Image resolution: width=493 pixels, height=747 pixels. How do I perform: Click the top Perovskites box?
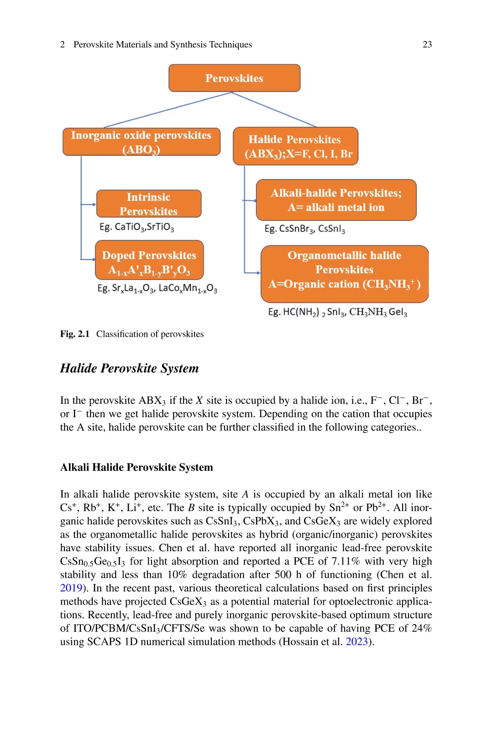coord(234,78)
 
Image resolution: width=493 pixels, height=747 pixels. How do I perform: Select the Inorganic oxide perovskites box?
coord(141,142)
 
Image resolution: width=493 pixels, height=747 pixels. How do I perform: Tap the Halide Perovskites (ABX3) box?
coord(295,146)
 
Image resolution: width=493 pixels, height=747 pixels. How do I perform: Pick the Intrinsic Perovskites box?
coord(149,204)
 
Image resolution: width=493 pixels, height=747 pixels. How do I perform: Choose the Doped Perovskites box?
coord(149,260)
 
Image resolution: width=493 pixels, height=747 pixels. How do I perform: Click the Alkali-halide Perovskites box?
coord(336,200)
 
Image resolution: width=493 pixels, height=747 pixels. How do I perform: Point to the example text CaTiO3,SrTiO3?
coord(137,227)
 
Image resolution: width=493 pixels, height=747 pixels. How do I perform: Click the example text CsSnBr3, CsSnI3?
coord(304,229)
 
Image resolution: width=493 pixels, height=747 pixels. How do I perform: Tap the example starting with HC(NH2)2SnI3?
coord(337,312)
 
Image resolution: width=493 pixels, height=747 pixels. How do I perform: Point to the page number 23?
coord(427,44)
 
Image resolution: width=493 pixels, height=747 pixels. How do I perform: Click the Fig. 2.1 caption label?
coord(75,334)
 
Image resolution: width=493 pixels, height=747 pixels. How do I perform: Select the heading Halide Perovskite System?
coord(130,368)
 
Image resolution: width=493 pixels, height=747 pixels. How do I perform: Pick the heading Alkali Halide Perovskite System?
coord(136,467)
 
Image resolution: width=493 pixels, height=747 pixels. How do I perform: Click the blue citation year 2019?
coord(71,588)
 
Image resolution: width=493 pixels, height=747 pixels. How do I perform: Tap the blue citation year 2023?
coord(357,642)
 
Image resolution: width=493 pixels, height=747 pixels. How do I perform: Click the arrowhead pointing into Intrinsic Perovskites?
coord(94,204)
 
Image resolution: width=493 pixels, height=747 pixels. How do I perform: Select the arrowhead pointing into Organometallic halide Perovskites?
coord(258,273)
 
